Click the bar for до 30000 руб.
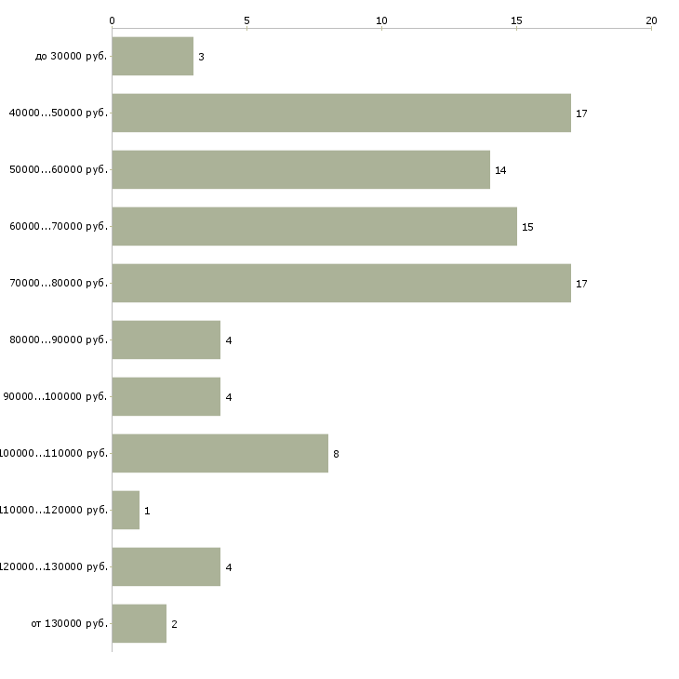pos(153,57)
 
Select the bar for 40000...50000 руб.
pos(341,113)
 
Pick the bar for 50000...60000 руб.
pos(300,170)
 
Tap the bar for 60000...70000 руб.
pos(314,227)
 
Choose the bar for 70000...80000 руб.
pos(341,283)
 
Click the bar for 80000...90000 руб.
pos(166,340)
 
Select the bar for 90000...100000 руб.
pos(166,397)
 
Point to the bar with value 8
pos(220,454)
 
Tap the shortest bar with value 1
pos(126,511)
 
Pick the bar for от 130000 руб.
pos(140,624)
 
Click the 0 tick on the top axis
pos(113,20)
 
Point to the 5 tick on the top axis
pos(246,20)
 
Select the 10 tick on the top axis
pos(381,20)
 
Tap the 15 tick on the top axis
pos(516,20)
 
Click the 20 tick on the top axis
pos(651,20)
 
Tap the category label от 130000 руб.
pos(70,624)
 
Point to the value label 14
pos(500,171)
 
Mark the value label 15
pos(527,228)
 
